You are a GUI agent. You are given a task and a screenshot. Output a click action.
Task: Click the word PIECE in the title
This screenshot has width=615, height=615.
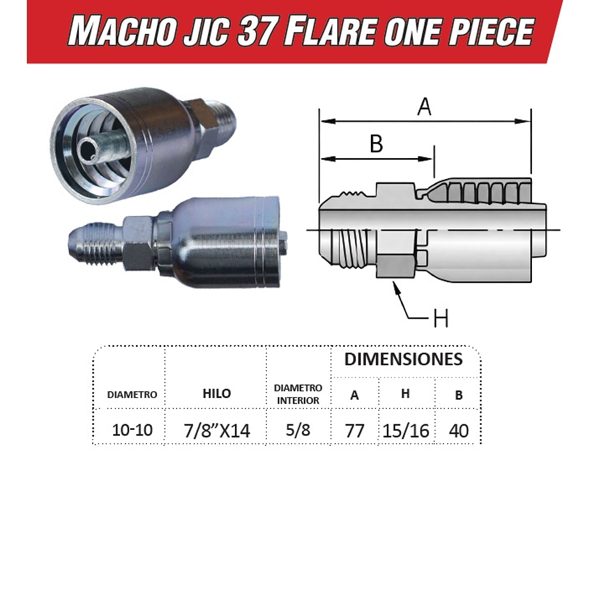tap(492, 31)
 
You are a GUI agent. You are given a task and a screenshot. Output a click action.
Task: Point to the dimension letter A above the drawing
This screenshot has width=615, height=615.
tap(424, 107)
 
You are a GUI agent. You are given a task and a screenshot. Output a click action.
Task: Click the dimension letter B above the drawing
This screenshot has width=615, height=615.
tap(376, 145)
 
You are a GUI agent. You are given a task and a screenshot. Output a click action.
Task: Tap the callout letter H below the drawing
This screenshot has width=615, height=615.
tap(440, 319)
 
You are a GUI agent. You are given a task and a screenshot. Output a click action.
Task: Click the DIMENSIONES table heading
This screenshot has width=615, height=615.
tap(403, 359)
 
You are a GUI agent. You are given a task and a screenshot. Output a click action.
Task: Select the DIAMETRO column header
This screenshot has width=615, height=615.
tap(132, 395)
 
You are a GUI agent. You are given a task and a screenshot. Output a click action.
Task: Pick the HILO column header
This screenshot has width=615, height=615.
tap(216, 394)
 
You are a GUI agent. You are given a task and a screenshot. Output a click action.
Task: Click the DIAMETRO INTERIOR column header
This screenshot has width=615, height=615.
tap(298, 394)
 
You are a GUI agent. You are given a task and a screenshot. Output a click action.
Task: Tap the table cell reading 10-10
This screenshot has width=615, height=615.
tap(132, 429)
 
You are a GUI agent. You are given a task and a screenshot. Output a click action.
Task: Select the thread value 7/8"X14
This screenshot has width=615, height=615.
tap(217, 430)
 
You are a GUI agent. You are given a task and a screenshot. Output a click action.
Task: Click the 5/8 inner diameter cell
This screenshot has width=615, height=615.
tap(298, 429)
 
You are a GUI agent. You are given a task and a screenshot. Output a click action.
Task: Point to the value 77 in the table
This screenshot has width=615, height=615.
tap(355, 430)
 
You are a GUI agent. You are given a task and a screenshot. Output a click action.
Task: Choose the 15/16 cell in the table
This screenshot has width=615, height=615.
tap(405, 430)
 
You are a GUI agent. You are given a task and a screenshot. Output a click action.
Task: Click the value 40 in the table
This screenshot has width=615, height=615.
tap(459, 430)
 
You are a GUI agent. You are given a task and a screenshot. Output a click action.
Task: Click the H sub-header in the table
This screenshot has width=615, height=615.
tap(405, 394)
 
